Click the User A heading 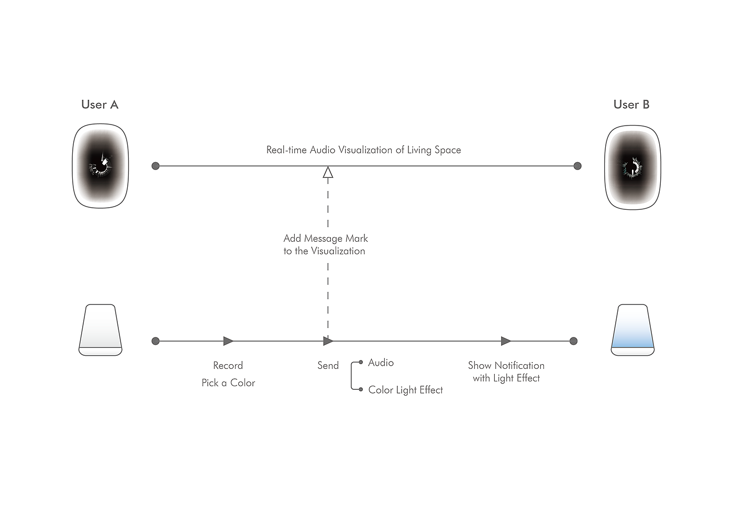[x=99, y=105]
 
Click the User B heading [x=631, y=105]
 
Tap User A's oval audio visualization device [x=101, y=166]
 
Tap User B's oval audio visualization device [x=632, y=167]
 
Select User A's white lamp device [x=100, y=330]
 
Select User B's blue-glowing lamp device [x=632, y=330]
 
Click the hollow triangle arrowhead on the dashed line [x=328, y=173]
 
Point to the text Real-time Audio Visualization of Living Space [x=363, y=150]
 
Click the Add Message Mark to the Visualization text [x=325, y=245]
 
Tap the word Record [x=228, y=366]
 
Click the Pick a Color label [x=228, y=383]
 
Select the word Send [x=328, y=366]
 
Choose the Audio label [x=381, y=363]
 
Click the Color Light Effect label [x=405, y=390]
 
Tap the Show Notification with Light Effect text [x=506, y=371]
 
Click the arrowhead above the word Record [x=228, y=341]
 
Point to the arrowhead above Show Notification [x=506, y=341]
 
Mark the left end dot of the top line [x=156, y=166]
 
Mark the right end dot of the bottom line [x=573, y=341]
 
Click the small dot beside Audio [x=361, y=362]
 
